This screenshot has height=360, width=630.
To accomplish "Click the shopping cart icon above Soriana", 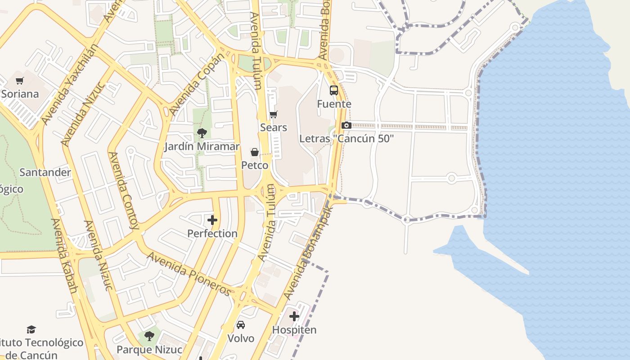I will tap(19, 81).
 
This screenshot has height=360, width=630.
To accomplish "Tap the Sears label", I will tap(273, 127).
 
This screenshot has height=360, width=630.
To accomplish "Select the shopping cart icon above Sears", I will tap(273, 115).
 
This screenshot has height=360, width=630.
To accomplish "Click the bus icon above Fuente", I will tap(333, 90).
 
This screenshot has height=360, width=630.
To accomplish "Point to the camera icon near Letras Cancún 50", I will tap(346, 126).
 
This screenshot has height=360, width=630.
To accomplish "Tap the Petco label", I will tap(255, 165).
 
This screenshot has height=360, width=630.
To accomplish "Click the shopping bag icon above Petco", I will tap(255, 152).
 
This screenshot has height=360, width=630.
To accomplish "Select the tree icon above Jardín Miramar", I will tap(202, 133).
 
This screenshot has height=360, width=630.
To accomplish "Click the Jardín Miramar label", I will tap(202, 146).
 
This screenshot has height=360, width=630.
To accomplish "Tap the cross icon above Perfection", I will tap(212, 220).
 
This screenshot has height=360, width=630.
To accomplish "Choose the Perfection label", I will tap(212, 233).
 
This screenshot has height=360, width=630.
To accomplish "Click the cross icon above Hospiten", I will tap(294, 316).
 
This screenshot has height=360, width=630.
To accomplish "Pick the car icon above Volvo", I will tap(241, 325).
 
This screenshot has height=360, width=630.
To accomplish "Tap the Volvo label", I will tap(241, 338).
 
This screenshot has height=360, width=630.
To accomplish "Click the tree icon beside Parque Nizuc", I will tap(149, 336).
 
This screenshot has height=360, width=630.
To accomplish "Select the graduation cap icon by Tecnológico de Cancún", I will tap(31, 330).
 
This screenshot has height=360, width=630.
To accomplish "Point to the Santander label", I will tap(45, 172).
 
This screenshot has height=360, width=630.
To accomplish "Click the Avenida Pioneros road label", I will tap(189, 274).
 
